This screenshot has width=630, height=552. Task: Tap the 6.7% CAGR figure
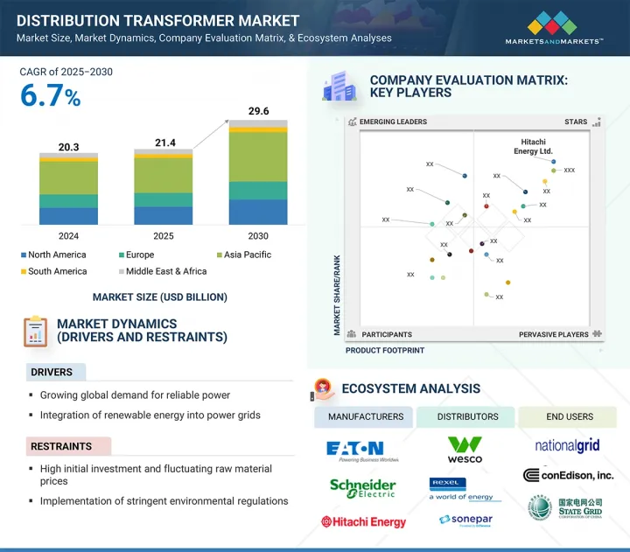point(51,97)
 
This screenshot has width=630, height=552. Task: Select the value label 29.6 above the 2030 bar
point(258,111)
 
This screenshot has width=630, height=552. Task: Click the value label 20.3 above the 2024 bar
point(69,146)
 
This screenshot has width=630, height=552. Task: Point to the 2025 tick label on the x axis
point(164,236)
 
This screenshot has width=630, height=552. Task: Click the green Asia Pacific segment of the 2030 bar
point(258,157)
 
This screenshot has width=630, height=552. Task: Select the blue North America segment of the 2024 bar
point(69,216)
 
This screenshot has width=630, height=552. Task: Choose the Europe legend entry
point(141,255)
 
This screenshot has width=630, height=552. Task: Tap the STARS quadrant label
point(576,122)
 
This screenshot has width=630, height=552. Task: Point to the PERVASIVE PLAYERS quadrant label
point(554,334)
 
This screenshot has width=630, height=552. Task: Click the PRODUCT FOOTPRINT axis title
point(385,350)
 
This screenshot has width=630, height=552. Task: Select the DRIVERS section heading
point(52,373)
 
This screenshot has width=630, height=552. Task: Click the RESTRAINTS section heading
point(62,446)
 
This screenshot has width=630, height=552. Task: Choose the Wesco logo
point(465,450)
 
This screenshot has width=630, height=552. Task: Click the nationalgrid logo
point(567,445)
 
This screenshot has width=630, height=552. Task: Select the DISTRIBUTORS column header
point(466,416)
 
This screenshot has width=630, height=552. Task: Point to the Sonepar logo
point(465,520)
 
